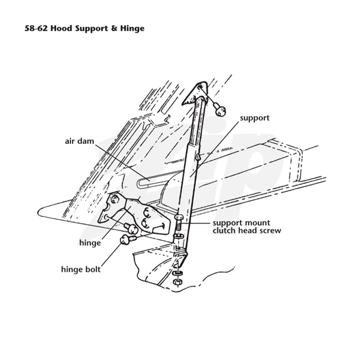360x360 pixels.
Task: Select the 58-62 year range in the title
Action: pos(36,28)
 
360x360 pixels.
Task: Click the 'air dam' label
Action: pos(80,141)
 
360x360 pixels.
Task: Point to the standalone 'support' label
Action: pos(255,118)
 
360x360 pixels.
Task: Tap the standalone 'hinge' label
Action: pos(90,243)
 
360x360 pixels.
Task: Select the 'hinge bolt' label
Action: pos(81,269)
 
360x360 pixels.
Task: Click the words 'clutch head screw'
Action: pos(247,230)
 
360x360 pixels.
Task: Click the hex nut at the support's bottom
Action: pos(176,282)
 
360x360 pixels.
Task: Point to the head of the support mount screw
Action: pos(179,217)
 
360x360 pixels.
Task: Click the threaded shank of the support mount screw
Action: pos(179,227)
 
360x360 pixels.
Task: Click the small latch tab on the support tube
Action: pos(198,157)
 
